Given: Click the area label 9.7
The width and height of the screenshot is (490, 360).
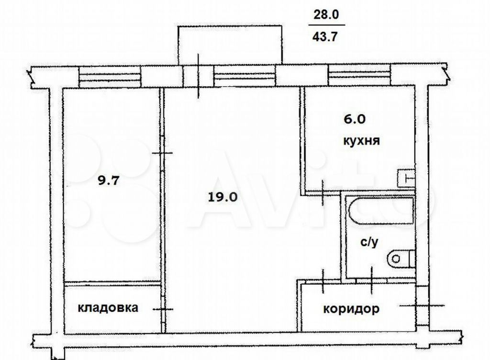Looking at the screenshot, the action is (109, 180).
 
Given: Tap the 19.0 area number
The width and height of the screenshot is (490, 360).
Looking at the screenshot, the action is (223, 197).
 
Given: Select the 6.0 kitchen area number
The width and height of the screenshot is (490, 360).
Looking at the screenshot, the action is (355, 119).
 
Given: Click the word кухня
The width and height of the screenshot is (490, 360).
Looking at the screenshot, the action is (361, 141).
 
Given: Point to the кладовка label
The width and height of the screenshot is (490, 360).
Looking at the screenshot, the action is (108, 307).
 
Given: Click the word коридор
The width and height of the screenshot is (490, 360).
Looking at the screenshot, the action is (351, 309).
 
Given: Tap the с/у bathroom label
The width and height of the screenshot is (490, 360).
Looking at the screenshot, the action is (370, 242).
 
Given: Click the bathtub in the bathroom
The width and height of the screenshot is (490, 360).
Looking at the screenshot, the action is (382, 211).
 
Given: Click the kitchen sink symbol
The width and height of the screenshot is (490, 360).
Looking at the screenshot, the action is (406, 179).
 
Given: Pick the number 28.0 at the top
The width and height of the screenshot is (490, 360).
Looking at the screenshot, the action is (326, 15).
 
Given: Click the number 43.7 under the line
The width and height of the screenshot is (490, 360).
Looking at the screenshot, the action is (325, 37).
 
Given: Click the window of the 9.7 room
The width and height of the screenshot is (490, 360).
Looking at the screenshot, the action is (110, 77).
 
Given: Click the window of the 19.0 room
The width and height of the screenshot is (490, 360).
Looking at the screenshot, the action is (245, 76).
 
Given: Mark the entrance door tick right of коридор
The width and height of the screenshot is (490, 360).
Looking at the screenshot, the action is (422, 305).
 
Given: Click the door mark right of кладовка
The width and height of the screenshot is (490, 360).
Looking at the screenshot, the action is (163, 309).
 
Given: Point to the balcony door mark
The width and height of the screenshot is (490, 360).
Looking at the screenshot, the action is (198, 76).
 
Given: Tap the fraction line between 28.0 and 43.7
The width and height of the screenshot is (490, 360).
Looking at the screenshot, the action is (327, 25).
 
